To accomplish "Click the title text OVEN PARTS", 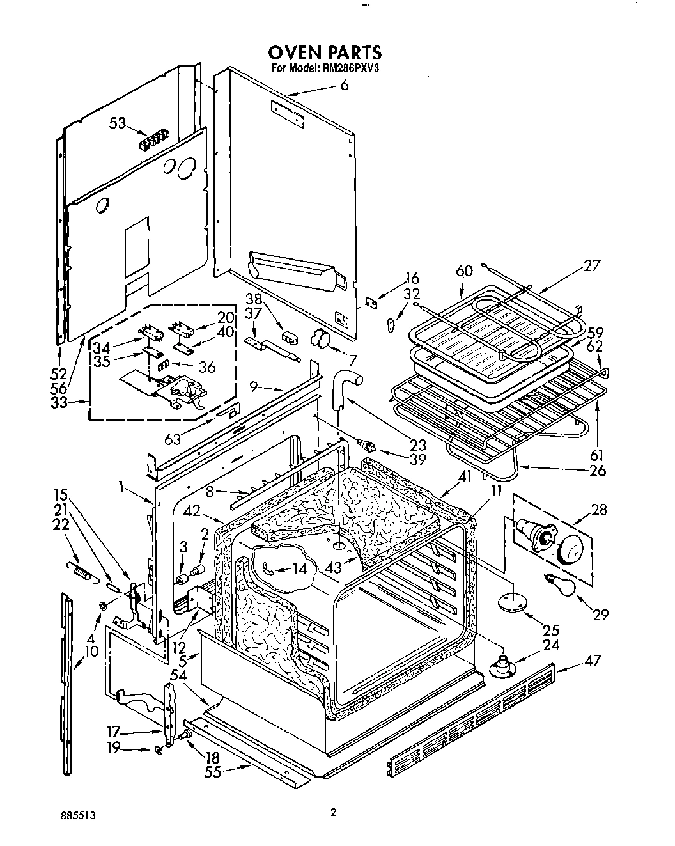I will pos(324,52).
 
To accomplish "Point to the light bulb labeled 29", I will pos(557,579).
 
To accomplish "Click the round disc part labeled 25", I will pos(513,602).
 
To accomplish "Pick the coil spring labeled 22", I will pos(80,567).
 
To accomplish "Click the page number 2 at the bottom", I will pos(333,813).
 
